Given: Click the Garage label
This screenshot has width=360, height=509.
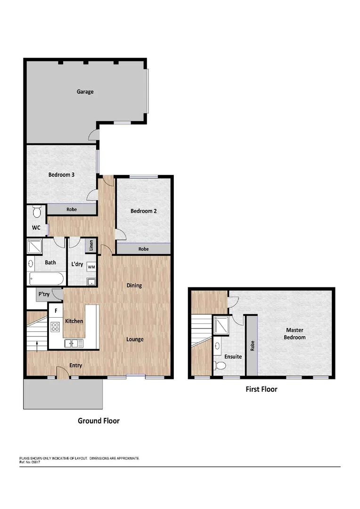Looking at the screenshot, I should click(85, 91).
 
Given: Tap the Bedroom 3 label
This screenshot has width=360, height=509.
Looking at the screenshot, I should click(62, 174).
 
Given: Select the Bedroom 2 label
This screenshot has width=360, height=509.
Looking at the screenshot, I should click(144, 211).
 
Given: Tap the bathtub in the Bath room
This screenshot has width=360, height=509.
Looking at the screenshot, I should click(45, 279).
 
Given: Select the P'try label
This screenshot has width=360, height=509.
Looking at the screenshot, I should click(44, 295).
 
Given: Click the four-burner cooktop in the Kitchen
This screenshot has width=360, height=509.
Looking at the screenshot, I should click(55, 326).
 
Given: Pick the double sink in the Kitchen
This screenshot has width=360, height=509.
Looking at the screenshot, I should click(74, 343).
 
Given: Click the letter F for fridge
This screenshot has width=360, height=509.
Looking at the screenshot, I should click(56, 311).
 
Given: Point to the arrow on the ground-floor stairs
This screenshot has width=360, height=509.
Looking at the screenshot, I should click(37, 345).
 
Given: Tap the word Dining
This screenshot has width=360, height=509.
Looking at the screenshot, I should click(134, 285).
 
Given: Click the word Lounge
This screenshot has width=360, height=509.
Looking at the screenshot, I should click(135, 339).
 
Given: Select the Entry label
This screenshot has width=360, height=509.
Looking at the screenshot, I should click(76, 365).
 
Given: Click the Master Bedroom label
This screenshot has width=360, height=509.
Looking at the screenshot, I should click(295, 334).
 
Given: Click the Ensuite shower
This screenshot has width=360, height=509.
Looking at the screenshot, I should click(221, 324).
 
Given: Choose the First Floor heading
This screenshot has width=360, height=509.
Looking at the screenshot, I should click(262, 389).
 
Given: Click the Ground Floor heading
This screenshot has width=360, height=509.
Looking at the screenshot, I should click(98, 421).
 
